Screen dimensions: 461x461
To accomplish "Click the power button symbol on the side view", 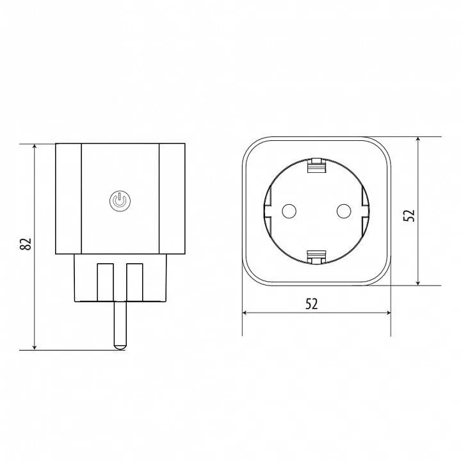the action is pos(120,201).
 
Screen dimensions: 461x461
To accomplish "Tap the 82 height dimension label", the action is pos(26,243).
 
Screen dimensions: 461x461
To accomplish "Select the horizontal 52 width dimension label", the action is pos(312,304).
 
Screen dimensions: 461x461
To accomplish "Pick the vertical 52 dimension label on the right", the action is pos(409,216).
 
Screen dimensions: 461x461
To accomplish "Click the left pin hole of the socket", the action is pos(289,211).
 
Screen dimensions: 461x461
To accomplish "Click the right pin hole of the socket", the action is pos(343,211).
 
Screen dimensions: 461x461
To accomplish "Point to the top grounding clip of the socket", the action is pos(316,166).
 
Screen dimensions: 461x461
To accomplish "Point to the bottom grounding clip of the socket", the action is pos(316,257).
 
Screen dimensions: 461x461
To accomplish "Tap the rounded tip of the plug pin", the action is pos(120,346).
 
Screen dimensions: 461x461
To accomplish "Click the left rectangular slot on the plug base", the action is pos(105,282).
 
